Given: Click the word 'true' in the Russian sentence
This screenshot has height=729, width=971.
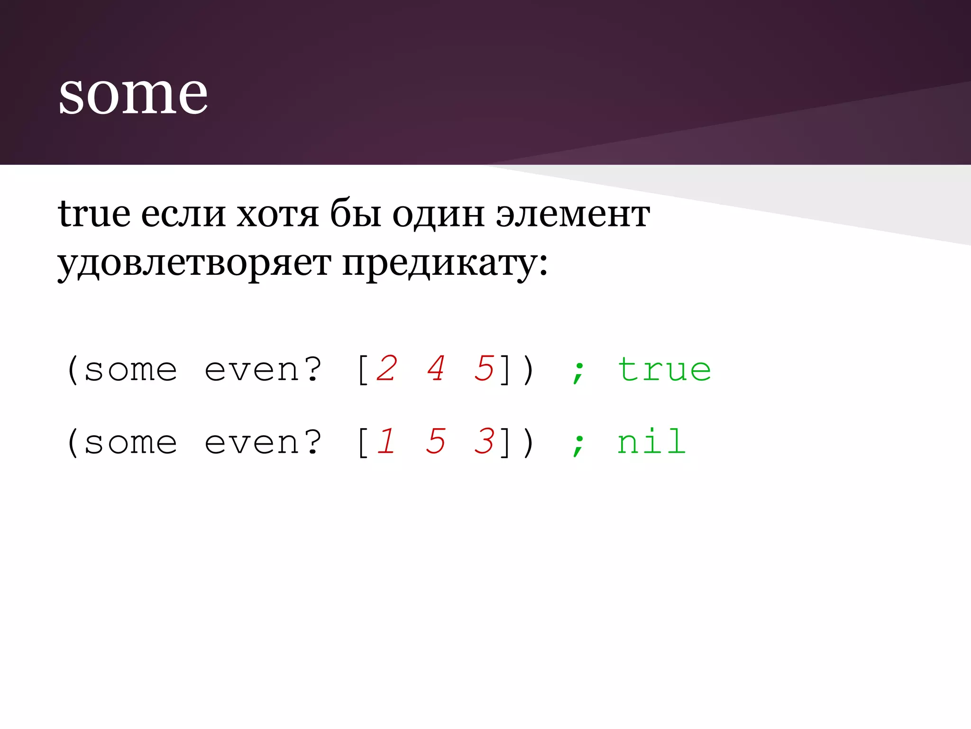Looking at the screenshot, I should point(94,214).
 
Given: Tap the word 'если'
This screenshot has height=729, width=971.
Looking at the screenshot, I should point(183,214).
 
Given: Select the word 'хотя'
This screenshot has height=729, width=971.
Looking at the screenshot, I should point(277,214).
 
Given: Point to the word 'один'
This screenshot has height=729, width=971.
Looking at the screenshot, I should point(438,214).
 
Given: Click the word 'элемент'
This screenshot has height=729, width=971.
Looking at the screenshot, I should point(573,214).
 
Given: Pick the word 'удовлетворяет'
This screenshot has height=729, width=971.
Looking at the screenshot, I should point(194,263).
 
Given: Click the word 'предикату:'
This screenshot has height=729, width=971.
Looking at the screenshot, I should point(445,263).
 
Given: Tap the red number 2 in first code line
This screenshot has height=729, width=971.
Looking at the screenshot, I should point(386,369).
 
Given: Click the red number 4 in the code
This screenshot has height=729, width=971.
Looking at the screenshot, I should point(435,369).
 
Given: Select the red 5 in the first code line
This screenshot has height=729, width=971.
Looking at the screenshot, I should point(484,369).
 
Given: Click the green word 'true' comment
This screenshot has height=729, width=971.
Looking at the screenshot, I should point(664,370).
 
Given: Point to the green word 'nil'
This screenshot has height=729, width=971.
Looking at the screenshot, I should point(651,442).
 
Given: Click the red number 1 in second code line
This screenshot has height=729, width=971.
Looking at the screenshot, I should point(386,442).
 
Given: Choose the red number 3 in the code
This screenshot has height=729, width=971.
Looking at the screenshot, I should point(484,442).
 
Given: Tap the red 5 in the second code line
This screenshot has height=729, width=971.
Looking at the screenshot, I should point(435,442).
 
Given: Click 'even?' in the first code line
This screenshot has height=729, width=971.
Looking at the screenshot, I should point(263,370).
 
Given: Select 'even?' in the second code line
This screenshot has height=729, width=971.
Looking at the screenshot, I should point(263,443).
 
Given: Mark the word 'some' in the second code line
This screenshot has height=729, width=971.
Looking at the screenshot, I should point(130,443).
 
